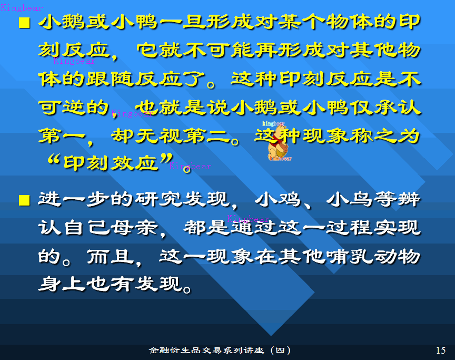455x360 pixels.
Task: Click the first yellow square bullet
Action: tap(23, 23)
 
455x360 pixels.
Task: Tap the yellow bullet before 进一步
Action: tap(23, 201)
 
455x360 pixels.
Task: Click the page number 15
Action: tap(441, 351)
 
